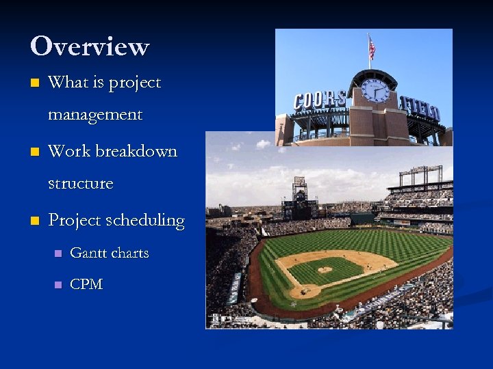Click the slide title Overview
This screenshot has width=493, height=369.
[x=89, y=46]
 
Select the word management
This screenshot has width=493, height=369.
[x=95, y=115]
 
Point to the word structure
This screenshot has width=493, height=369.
[x=81, y=183]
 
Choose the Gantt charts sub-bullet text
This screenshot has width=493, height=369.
[x=110, y=253]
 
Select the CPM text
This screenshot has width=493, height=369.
[x=86, y=284]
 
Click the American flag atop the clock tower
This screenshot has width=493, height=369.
[x=372, y=48]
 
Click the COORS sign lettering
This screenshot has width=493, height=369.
[x=319, y=100]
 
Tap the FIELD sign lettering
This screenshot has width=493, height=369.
[x=420, y=107]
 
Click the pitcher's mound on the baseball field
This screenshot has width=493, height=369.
[x=325, y=270]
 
